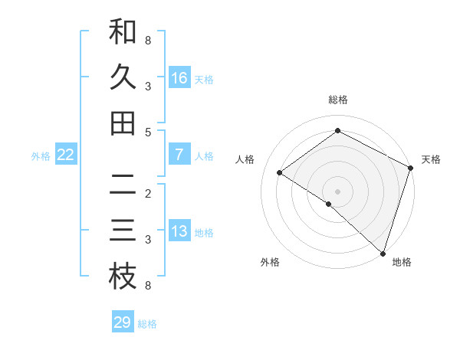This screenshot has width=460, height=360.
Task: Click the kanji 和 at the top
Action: [123, 32]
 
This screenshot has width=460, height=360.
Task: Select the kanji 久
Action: [123, 77]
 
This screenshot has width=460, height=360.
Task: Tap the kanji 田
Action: [123, 123]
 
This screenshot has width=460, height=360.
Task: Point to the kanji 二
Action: [123, 185]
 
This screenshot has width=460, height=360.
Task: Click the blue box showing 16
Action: [179, 78]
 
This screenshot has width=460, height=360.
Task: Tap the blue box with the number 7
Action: [179, 155]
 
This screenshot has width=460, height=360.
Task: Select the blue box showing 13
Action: [179, 231]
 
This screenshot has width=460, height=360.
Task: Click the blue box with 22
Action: [66, 155]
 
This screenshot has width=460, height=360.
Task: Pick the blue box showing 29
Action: [123, 322]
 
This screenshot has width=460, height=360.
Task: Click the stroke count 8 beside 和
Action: [148, 40]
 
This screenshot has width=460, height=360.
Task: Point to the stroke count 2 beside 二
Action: [148, 193]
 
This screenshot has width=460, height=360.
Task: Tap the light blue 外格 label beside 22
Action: [41, 156]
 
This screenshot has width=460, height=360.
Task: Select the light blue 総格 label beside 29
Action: [147, 324]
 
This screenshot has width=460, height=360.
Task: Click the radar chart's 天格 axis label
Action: [431, 159]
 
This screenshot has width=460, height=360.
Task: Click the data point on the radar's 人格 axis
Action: [280, 173]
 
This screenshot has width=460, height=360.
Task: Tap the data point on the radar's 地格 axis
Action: [383, 252]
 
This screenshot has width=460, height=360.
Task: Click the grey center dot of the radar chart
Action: [337, 191]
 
